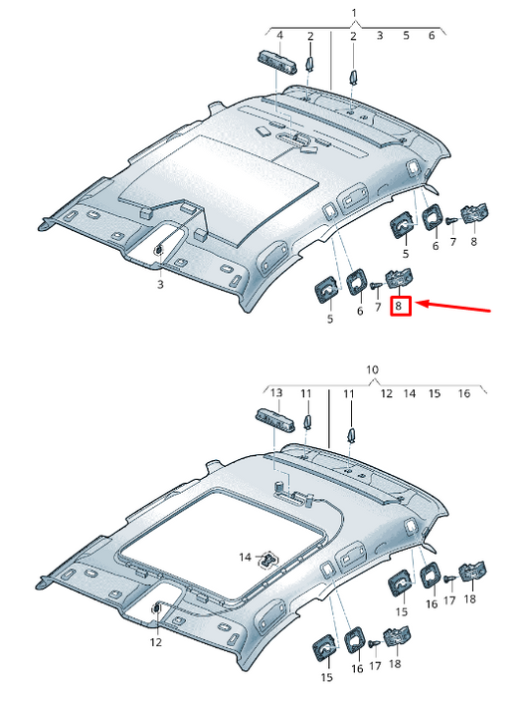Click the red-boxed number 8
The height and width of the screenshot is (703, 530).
[399, 307]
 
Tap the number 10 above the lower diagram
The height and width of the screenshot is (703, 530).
[372, 369]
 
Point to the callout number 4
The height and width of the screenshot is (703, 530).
[280, 36]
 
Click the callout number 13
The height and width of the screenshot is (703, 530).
[277, 393]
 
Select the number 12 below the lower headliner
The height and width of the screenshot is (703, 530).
[155, 642]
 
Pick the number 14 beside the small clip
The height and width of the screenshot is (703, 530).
[245, 556]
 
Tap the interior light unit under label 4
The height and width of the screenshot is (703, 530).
[279, 60]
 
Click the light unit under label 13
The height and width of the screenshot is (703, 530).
[277, 417]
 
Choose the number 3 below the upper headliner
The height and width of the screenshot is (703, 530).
[158, 285]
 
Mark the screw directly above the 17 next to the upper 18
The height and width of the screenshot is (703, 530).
[450, 579]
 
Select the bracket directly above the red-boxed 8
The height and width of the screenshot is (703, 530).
[400, 279]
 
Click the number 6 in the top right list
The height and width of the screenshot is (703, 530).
[432, 36]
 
